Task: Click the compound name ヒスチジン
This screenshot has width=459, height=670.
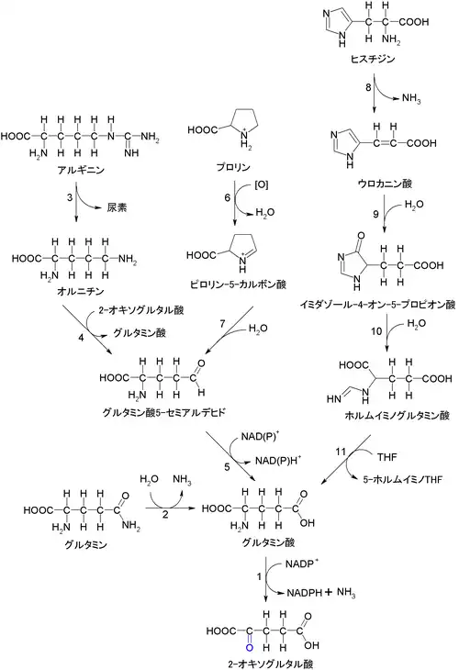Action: pyautogui.click(x=372, y=59)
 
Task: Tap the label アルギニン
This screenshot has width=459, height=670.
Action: pyautogui.click(x=81, y=170)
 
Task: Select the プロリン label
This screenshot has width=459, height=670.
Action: pyautogui.click(x=233, y=167)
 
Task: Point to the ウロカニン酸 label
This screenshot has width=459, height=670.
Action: pyautogui.click(x=385, y=184)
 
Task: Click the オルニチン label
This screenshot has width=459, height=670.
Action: pyautogui.click(x=81, y=291)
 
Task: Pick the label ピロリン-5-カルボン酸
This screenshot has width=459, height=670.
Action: pyautogui.click(x=238, y=285)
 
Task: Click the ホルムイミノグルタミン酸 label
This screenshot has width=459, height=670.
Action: pyautogui.click(x=397, y=415)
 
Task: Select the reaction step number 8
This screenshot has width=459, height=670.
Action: pyautogui.click(x=368, y=87)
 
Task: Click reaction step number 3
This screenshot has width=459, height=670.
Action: pyautogui.click(x=70, y=198)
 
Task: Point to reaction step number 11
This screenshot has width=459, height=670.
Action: pyautogui.click(x=341, y=452)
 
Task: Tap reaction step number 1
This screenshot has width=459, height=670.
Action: pyautogui.click(x=259, y=577)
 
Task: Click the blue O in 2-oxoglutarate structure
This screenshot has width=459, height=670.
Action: pyautogui.click(x=250, y=648)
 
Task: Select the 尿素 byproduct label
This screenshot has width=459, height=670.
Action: pyautogui.click(x=118, y=207)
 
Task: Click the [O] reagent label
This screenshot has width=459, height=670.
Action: pyautogui.click(x=261, y=185)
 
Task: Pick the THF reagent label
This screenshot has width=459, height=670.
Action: pyautogui.click(x=387, y=457)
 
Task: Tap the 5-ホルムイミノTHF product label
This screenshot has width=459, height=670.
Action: pyautogui.click(x=403, y=479)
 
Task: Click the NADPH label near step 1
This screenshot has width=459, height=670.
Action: pyautogui.click(x=304, y=593)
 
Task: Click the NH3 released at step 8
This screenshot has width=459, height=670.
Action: pyautogui.click(x=411, y=99)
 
